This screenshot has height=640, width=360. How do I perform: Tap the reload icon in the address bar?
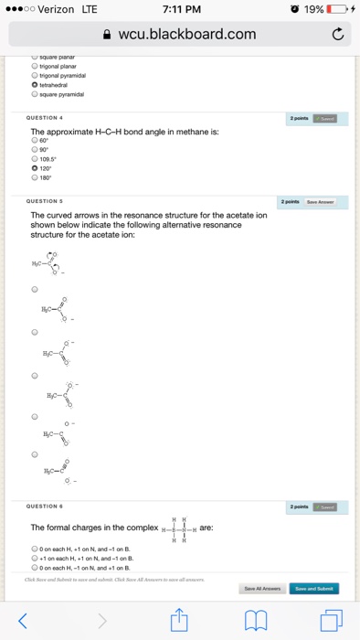[x=338, y=35]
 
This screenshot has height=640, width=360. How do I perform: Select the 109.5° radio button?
[x=34, y=159]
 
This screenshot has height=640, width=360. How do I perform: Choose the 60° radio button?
[x=34, y=141]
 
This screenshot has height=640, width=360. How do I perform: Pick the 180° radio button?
[x=34, y=177]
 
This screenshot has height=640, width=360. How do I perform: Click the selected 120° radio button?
[x=34, y=168]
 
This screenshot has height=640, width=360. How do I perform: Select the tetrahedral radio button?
[x=34, y=84]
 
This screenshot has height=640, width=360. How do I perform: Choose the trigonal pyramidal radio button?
[x=34, y=76]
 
